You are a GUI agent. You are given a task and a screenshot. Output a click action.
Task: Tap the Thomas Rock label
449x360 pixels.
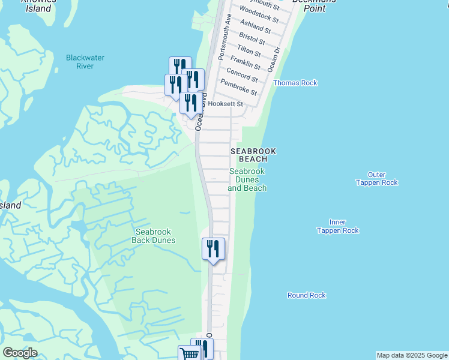click(x=295, y=83)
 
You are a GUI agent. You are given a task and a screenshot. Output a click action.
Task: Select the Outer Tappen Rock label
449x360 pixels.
click(x=376, y=178)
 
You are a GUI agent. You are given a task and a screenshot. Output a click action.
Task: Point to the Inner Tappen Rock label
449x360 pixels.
click(x=337, y=226)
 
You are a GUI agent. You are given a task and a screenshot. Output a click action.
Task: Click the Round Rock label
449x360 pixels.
click(x=306, y=295)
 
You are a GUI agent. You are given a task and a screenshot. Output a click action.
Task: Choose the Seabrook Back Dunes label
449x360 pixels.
click(x=155, y=236)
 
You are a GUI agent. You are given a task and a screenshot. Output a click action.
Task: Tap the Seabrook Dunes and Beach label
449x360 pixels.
click(x=247, y=179)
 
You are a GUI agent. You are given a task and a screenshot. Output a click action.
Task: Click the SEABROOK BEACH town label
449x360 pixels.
click(x=253, y=155)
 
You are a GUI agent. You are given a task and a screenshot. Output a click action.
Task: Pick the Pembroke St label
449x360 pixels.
click(x=238, y=88)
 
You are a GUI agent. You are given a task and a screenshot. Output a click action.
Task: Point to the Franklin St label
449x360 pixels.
click(x=248, y=62)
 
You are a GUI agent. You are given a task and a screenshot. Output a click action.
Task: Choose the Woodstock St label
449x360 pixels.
click(x=259, y=15)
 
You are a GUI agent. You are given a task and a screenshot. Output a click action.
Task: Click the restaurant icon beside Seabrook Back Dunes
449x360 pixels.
click(x=213, y=248)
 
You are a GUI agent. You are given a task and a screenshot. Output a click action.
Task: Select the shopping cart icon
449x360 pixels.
click(x=188, y=353)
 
